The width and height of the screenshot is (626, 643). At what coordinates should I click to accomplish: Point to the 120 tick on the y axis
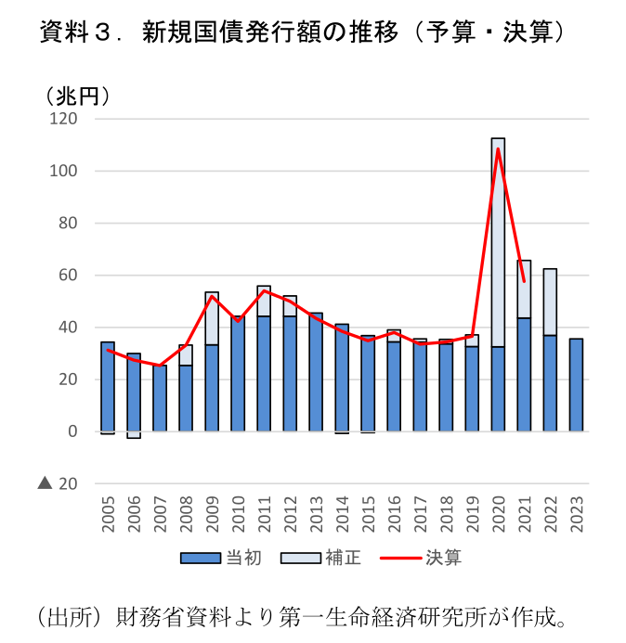(64, 120)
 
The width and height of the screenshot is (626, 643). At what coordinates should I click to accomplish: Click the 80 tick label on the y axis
(68, 224)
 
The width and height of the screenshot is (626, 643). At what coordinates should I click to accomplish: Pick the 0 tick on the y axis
(72, 431)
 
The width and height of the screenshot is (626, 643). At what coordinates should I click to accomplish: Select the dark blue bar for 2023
(576, 385)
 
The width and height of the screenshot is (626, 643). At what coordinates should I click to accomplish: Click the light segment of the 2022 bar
(550, 302)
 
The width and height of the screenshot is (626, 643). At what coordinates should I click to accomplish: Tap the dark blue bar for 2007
(160, 398)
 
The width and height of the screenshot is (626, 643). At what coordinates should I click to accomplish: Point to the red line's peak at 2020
(498, 149)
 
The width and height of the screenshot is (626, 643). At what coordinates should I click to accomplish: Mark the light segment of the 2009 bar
(212, 317)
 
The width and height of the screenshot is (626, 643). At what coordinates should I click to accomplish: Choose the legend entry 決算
(427, 558)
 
